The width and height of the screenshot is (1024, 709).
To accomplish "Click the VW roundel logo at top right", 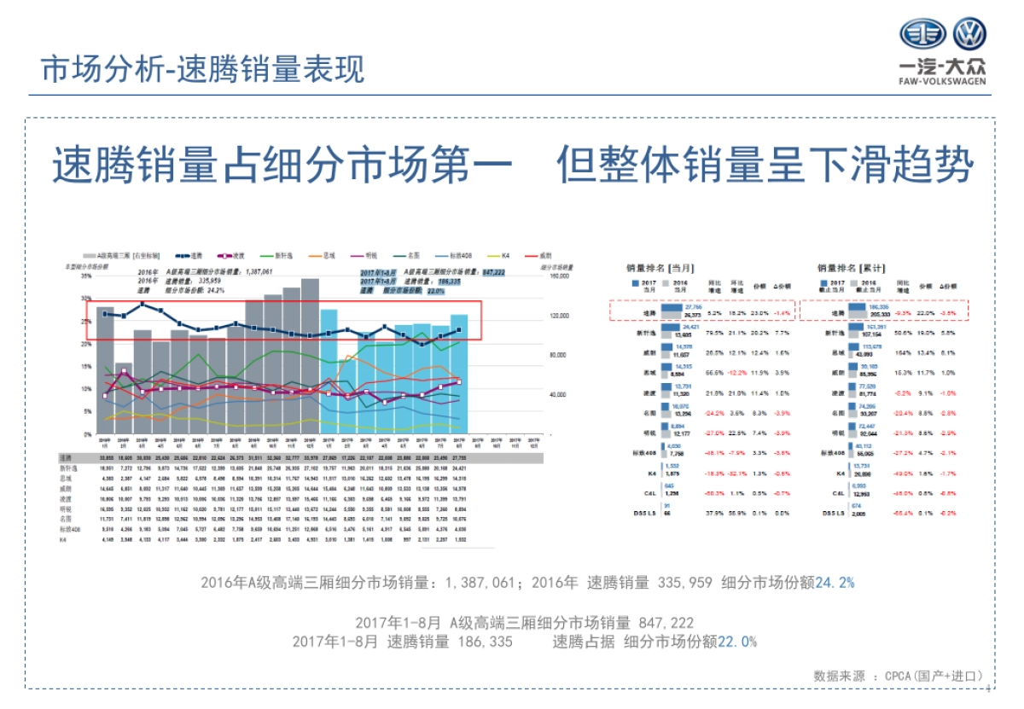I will (969, 35).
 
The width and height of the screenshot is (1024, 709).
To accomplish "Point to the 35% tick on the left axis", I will (86, 276).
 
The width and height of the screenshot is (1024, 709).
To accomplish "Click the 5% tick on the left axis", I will (87, 412).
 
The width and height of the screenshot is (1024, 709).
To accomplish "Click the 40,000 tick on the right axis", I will (558, 395).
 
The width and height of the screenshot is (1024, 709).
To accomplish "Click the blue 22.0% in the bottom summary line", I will (737, 641).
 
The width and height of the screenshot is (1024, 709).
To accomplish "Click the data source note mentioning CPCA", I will (899, 675).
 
